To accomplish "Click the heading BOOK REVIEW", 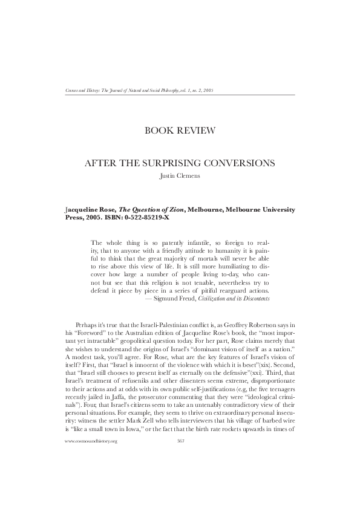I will [179, 129].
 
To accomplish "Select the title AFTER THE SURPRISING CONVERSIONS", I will [180, 163].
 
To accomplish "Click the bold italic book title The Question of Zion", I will [151, 209].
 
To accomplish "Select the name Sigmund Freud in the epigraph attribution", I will [175, 299].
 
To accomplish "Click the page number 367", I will [180, 476].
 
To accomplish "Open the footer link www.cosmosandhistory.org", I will [90, 476].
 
